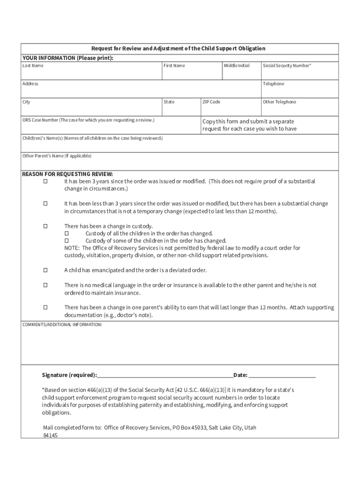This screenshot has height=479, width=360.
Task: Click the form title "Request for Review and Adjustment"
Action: pyautogui.click(x=178, y=49)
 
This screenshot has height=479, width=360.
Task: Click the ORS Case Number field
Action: pyautogui.click(x=110, y=128)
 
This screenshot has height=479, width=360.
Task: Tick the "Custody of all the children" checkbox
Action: pyautogui.click(x=66, y=233)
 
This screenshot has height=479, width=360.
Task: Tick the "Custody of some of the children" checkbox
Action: pyautogui.click(x=66, y=241)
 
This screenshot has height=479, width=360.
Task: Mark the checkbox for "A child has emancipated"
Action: pyautogui.click(x=46, y=270)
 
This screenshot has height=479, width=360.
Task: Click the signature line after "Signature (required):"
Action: pyautogui.click(x=165, y=375)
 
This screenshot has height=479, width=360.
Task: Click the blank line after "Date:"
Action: pyautogui.click(x=282, y=375)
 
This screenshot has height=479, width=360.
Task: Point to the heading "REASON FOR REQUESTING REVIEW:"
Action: pyautogui.click(x=68, y=174)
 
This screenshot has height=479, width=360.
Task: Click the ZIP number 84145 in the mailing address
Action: pyautogui.click(x=50, y=435)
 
